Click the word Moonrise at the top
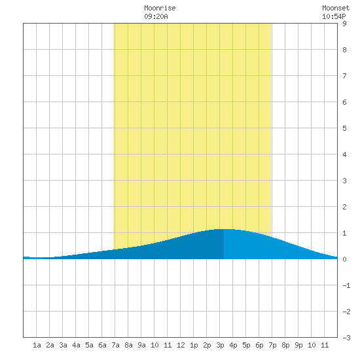(x=160, y=8)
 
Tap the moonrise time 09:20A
(x=156, y=16)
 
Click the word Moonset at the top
(x=336, y=8)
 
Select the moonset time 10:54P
(x=334, y=16)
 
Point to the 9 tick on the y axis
(x=344, y=24)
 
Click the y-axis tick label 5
(x=344, y=128)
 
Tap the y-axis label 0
(x=344, y=259)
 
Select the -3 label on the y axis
(x=346, y=338)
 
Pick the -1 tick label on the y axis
(x=346, y=285)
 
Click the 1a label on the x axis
(x=37, y=345)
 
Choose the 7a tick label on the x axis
(x=115, y=345)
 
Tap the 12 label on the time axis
(x=181, y=345)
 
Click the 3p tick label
(x=220, y=345)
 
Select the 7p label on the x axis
(x=272, y=345)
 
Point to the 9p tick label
(x=298, y=345)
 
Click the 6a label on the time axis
(x=102, y=345)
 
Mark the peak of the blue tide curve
(x=224, y=229)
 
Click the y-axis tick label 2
(x=344, y=207)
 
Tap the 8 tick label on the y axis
(x=344, y=50)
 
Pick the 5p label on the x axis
(x=246, y=345)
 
